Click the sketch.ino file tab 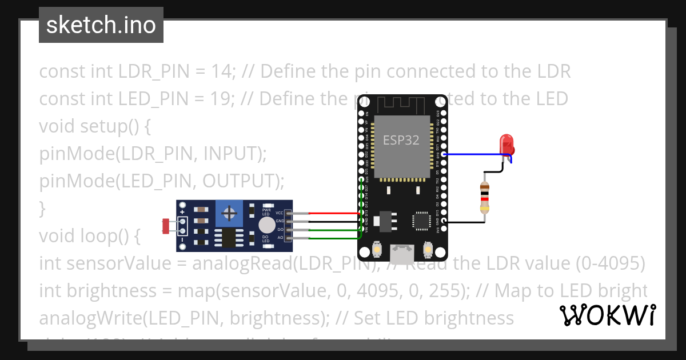tap(101, 25)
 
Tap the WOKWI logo tap(607, 315)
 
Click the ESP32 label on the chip tap(401, 140)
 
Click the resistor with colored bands tap(485, 196)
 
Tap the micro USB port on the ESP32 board tap(402, 250)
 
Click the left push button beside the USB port tap(377, 249)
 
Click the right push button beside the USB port tap(427, 249)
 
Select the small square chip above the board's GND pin tap(421, 220)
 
